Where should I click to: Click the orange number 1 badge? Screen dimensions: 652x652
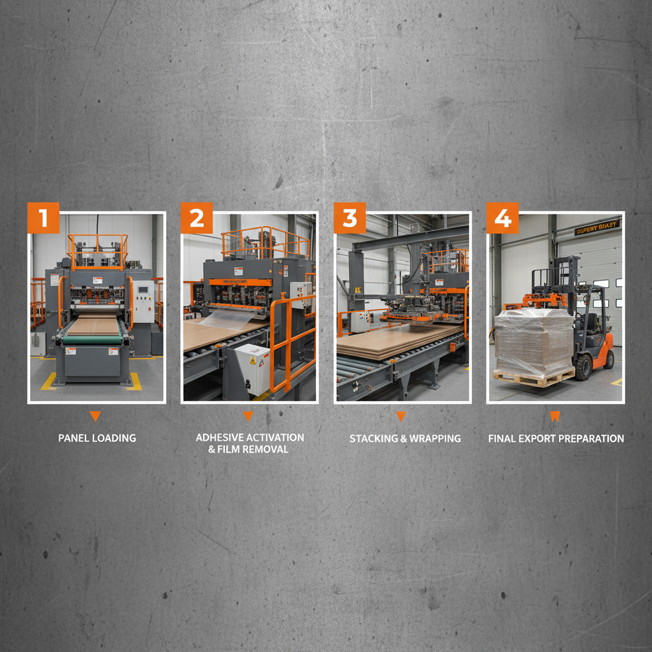pyautogui.click(x=43, y=218)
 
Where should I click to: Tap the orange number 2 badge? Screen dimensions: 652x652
pyautogui.click(x=196, y=218)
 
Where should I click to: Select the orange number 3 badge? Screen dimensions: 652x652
pyautogui.click(x=350, y=218)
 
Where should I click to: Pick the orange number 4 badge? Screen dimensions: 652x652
pyautogui.click(x=502, y=218)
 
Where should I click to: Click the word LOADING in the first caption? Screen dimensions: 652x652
pyautogui.click(x=115, y=438)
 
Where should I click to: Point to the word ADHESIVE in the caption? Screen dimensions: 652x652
pyautogui.click(x=219, y=437)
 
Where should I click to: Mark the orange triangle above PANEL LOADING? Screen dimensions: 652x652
pyautogui.click(x=95, y=416)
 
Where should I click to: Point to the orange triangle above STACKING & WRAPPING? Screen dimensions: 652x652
pyautogui.click(x=400, y=416)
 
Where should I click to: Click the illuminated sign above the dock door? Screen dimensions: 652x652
pyautogui.click(x=597, y=227)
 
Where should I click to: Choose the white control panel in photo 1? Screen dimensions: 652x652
pyautogui.click(x=143, y=301)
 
